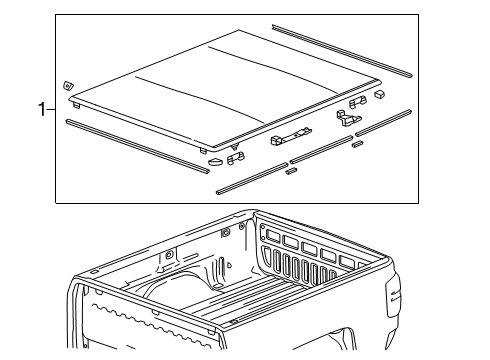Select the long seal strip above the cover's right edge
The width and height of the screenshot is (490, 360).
(340, 49)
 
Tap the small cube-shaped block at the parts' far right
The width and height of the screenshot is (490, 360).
(380, 93)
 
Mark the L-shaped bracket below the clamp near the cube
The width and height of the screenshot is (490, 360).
(347, 119)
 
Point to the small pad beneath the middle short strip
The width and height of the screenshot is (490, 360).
(291, 171)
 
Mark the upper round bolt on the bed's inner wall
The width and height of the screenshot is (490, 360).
(226, 232)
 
